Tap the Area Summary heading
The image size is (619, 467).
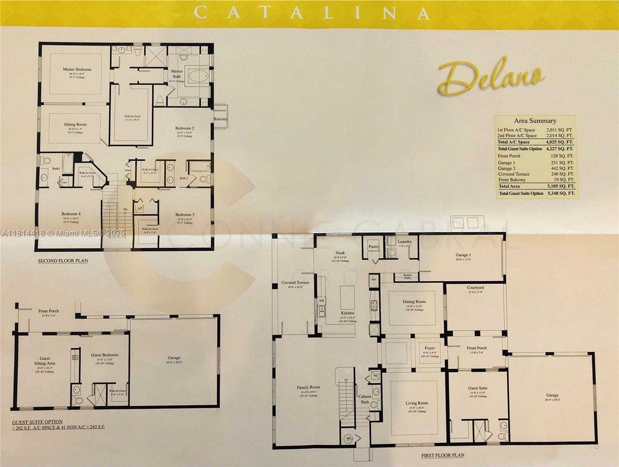pyautogui.click(x=535, y=121)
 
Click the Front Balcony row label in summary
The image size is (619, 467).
pyautogui.click(x=512, y=180)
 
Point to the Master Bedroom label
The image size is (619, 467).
pyautogui.click(x=77, y=69)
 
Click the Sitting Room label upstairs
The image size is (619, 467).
pyautogui.click(x=76, y=125)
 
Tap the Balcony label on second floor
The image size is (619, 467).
pyautogui.click(x=220, y=119)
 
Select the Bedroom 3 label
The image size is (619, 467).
pyautogui.click(x=185, y=215)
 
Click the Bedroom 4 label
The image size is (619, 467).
pyautogui.click(x=71, y=214)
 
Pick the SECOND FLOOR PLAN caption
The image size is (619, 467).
pyautogui.click(x=63, y=261)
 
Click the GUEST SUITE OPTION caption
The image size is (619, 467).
pyautogui.click(x=37, y=422)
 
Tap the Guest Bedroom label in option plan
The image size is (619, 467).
pyautogui.click(x=105, y=355)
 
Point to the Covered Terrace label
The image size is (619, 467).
pyautogui.click(x=295, y=283)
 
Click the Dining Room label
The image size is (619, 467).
pyautogui.click(x=414, y=301)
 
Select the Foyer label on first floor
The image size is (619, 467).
pyautogui.click(x=429, y=348)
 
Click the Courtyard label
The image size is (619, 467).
pyautogui.click(x=475, y=288)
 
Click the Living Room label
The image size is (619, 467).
pyautogui.click(x=417, y=403)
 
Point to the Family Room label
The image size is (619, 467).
pyautogui.click(x=308, y=388)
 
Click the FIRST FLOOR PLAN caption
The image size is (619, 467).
pyautogui.click(x=443, y=455)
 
